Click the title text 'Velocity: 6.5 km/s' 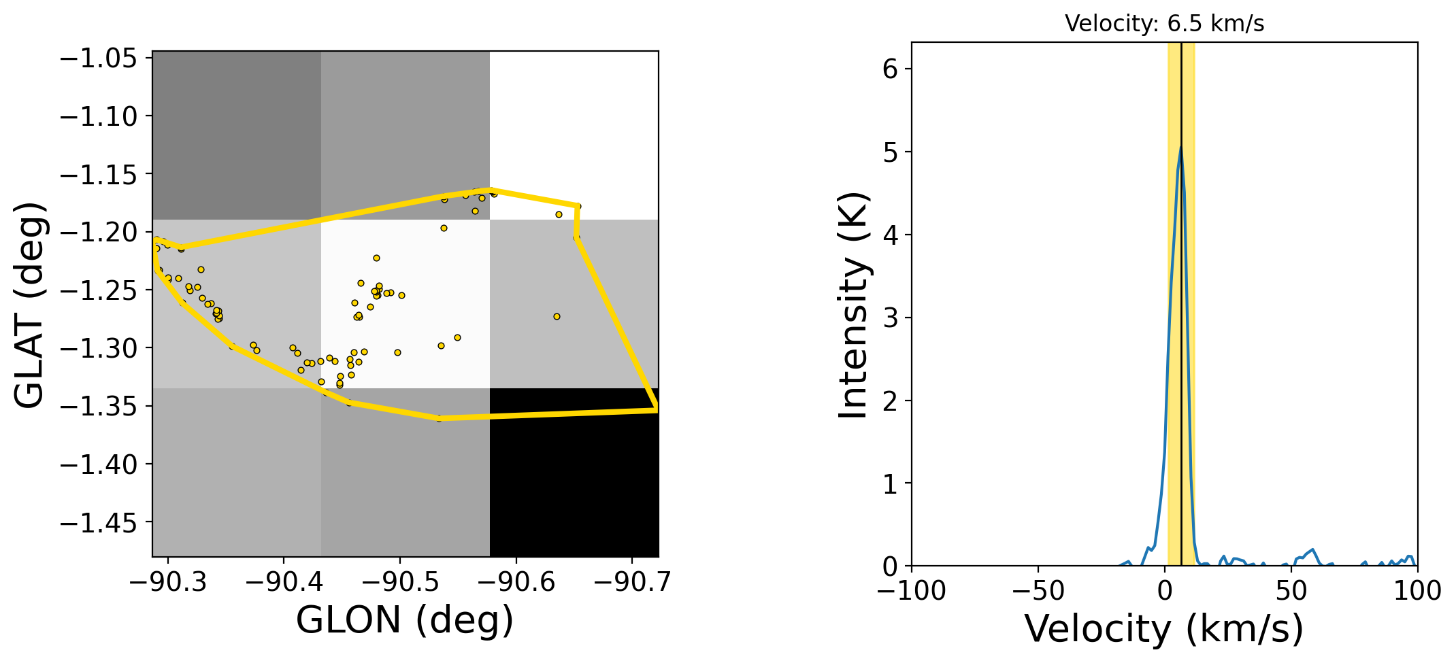coord(1164,24)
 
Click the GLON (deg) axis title coord(405,620)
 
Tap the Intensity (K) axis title coord(853,304)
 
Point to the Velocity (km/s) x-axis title coord(1164,628)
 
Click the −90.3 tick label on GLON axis coord(168,582)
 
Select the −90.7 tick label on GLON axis coord(632,582)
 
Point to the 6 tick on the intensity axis coord(891,69)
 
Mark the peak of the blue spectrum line coord(1181,147)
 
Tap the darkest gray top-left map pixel coord(237,135)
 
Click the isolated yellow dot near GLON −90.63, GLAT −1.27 coord(557,316)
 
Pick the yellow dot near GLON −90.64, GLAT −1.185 coord(559,214)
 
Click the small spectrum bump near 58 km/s coord(1312,549)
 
